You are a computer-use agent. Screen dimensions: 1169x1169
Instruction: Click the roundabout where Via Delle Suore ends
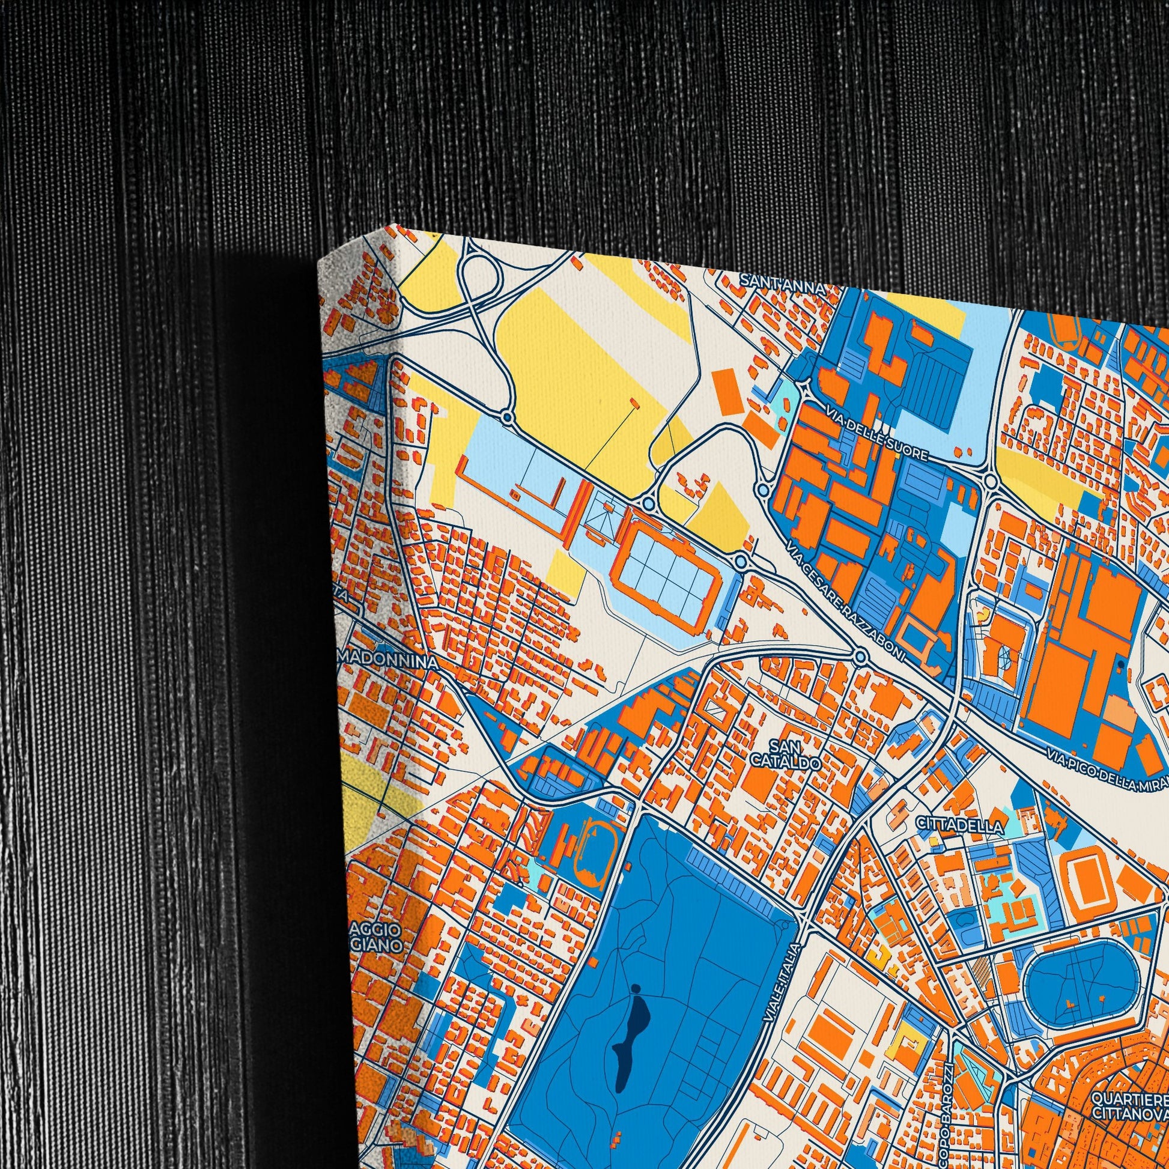point(990,481)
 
